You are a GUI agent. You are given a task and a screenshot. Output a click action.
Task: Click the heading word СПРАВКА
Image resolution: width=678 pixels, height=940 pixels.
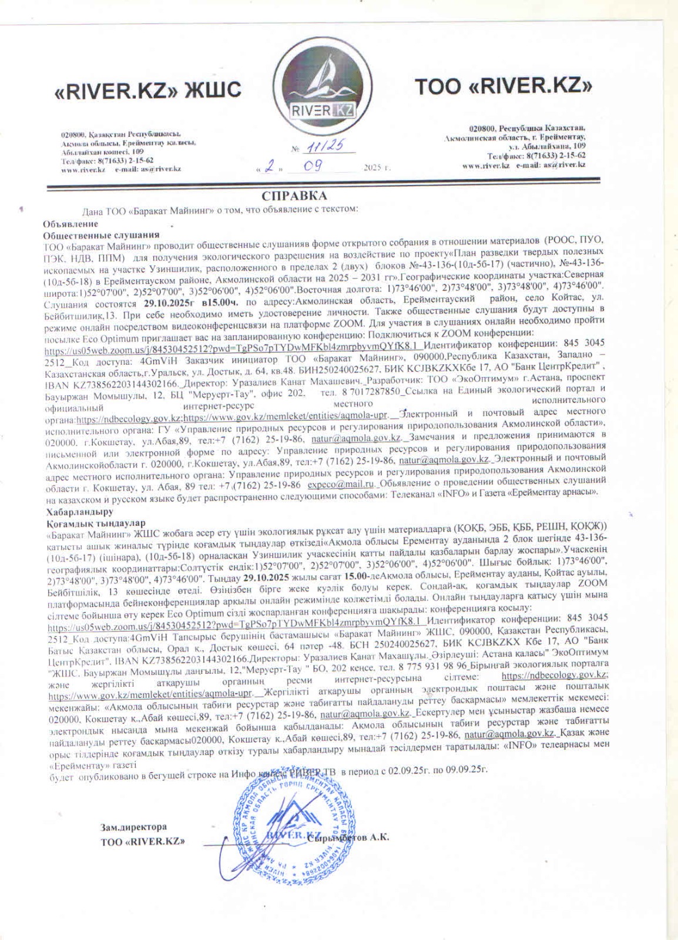coord(294,196)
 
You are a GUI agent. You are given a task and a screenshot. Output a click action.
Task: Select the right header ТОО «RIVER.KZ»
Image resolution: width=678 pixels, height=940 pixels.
coord(504,87)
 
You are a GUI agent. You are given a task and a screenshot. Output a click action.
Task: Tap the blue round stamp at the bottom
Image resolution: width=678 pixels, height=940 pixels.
coord(289,820)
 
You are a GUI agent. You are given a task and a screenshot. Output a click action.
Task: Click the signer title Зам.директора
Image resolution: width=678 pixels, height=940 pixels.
coord(133,827)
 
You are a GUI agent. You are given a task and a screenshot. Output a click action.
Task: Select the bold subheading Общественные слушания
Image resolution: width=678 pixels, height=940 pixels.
coord(93,234)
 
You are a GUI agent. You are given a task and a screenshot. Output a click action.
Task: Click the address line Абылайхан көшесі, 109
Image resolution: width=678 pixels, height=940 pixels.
coord(103,151)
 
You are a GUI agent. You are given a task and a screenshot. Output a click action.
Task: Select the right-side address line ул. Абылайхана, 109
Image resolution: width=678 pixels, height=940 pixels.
coord(547,145)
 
